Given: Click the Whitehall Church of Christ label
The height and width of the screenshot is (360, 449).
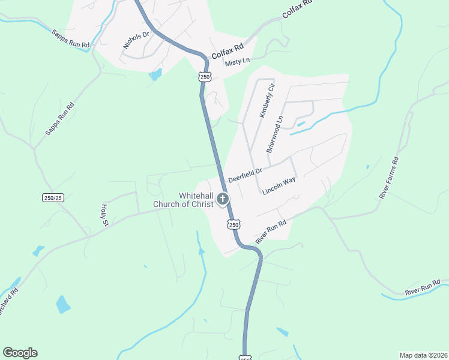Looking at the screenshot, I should (183, 200).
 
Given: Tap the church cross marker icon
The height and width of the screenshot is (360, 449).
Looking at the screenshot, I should (223, 200).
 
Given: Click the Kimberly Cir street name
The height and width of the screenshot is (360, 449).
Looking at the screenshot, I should (267, 100).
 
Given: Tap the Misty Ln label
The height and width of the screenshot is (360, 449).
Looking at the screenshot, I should (237, 62).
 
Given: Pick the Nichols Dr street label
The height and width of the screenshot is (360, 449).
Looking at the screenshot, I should (136, 40).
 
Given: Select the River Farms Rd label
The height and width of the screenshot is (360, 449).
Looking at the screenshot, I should (389, 178).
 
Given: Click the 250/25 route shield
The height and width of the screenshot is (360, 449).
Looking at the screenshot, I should (53, 197).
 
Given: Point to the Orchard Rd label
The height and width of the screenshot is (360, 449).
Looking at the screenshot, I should (8, 303).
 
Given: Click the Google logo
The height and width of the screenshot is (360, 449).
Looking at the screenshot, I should (20, 353).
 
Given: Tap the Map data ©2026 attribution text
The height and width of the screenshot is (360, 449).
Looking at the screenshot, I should (423, 355).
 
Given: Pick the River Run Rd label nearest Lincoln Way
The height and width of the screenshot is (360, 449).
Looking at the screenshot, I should (271, 231).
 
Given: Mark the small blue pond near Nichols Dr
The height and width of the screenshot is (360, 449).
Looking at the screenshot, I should (155, 74).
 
